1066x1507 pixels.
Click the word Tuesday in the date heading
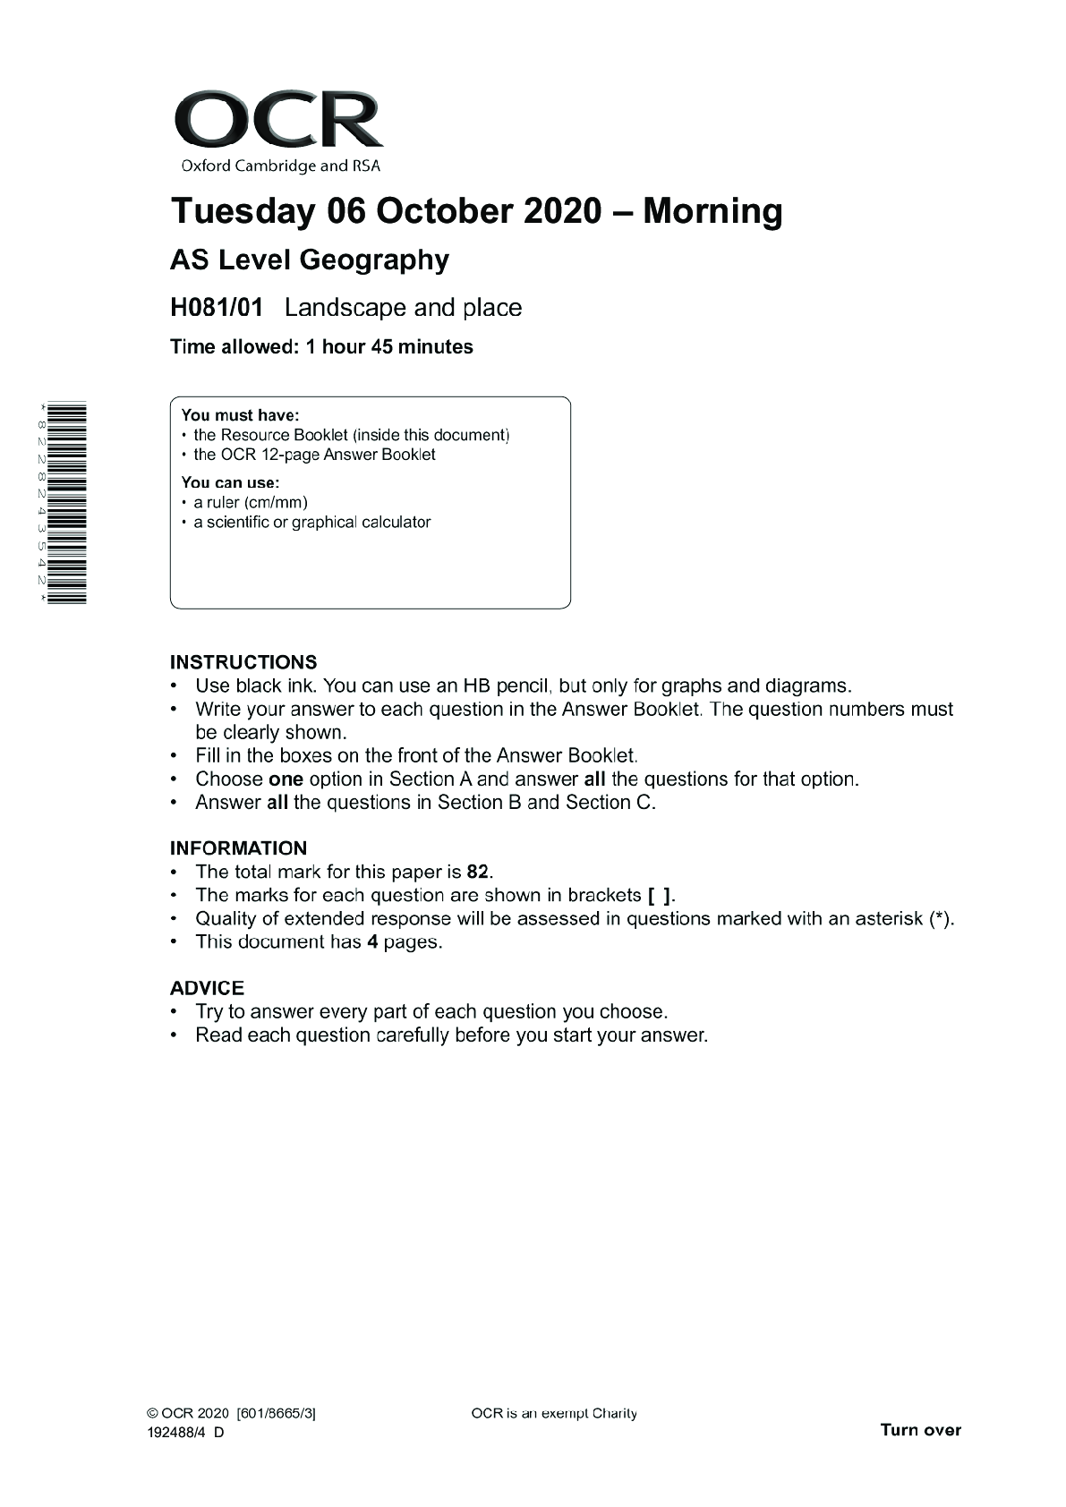pyautogui.click(x=243, y=212)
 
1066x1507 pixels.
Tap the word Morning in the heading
pyautogui.click(x=712, y=212)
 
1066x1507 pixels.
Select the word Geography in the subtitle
pyautogui.click(x=373, y=260)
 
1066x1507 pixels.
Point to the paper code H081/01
pyautogui.click(x=217, y=308)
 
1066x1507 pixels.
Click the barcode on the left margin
pyautogui.click(x=67, y=504)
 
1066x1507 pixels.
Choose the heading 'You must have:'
pyautogui.click(x=240, y=415)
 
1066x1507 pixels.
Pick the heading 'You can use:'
pyautogui.click(x=230, y=483)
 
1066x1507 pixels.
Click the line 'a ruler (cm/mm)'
pyautogui.click(x=250, y=503)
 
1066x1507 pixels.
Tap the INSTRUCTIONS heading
pyautogui.click(x=243, y=662)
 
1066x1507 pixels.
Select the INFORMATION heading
pyautogui.click(x=238, y=848)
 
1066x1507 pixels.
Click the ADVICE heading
pyautogui.click(x=207, y=988)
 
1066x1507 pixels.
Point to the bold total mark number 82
pyautogui.click(x=478, y=872)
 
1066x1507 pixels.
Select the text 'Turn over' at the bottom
pyautogui.click(x=920, y=1429)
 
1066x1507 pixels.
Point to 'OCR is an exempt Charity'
pyautogui.click(x=553, y=1414)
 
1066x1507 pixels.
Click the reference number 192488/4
pyautogui.click(x=175, y=1432)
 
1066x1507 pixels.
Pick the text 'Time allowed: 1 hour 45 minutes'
pyautogui.click(x=321, y=347)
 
